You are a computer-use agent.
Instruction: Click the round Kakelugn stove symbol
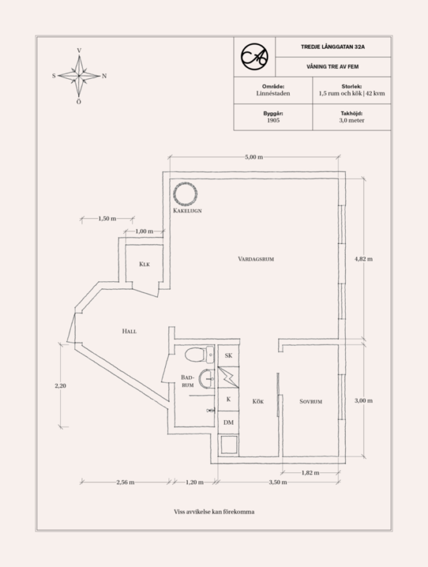click(x=173, y=194)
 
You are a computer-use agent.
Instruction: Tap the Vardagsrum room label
click(x=256, y=259)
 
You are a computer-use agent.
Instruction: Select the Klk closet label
click(x=144, y=264)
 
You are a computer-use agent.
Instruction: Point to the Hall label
click(x=129, y=331)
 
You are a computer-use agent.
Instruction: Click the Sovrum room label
click(x=311, y=401)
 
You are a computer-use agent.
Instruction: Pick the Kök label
click(x=258, y=401)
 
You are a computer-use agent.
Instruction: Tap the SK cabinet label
click(x=229, y=356)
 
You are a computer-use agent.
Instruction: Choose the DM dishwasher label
click(x=229, y=422)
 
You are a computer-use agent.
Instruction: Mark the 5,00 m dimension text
click(x=254, y=157)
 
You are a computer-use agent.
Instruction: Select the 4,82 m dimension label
click(x=363, y=259)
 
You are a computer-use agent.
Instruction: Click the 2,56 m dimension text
click(x=125, y=482)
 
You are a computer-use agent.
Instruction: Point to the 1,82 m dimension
click(x=310, y=473)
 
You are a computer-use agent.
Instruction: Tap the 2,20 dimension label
click(x=60, y=386)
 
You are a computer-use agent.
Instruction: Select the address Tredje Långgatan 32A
click(x=333, y=47)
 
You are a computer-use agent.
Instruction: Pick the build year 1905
click(x=273, y=120)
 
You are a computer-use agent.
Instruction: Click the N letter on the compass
click(x=104, y=76)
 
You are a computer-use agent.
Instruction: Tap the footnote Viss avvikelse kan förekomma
click(x=214, y=512)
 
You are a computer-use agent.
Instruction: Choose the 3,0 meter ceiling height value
click(x=352, y=120)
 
